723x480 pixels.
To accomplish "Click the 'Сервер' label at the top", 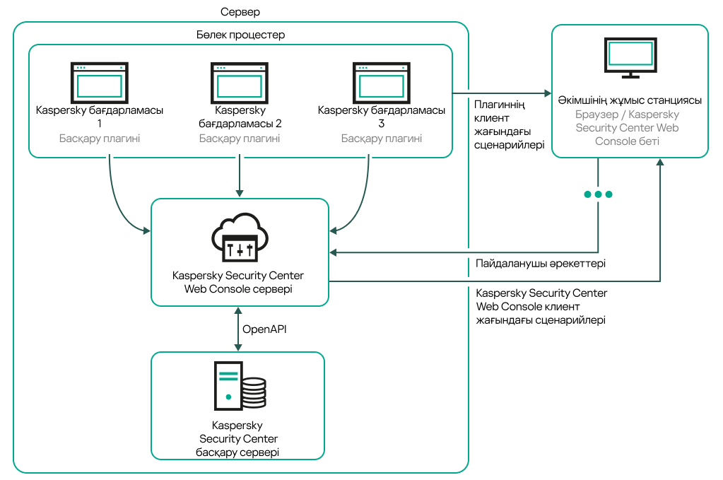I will click(x=240, y=12).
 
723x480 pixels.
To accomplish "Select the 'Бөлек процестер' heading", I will click(x=240, y=34).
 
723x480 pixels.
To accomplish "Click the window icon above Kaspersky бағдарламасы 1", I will click(x=99, y=83).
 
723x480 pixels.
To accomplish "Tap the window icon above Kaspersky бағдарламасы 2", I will click(x=240, y=83).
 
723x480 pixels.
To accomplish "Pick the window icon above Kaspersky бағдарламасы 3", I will click(x=382, y=83).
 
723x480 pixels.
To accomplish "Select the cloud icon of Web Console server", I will click(x=240, y=236).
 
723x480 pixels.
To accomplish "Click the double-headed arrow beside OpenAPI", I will click(x=239, y=329).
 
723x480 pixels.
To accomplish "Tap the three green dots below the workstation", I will click(x=598, y=194).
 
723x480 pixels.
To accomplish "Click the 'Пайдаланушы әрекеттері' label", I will click(x=540, y=263).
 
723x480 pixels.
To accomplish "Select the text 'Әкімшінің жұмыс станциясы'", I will click(x=629, y=100).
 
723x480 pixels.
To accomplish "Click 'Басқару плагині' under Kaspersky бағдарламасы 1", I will click(x=99, y=139).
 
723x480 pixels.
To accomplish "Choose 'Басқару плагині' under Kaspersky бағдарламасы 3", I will click(x=382, y=139).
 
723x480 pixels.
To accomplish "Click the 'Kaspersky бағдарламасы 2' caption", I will click(x=240, y=117).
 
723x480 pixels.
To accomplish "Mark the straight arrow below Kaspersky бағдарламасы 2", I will click(x=240, y=175).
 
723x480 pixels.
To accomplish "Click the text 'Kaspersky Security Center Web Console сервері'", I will click(x=240, y=282).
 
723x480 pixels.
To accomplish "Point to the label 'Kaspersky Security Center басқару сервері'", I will click(x=237, y=439).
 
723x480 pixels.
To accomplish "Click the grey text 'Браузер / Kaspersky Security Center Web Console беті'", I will click(x=628, y=127).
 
